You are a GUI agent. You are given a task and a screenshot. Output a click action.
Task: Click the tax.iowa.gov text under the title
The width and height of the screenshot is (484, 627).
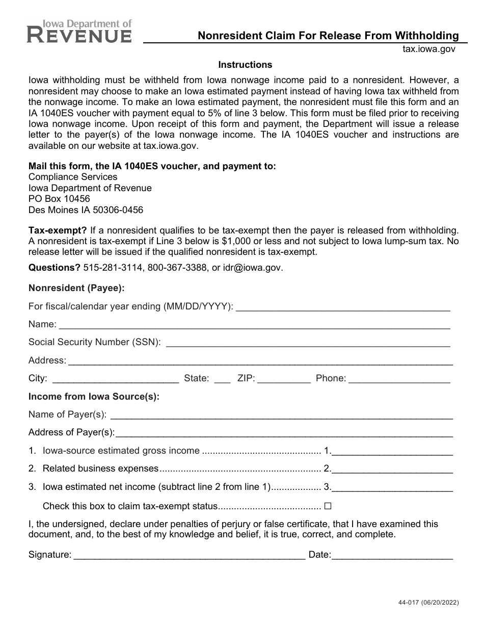point(428,49)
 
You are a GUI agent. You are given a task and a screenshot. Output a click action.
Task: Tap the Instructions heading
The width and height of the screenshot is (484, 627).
point(245,65)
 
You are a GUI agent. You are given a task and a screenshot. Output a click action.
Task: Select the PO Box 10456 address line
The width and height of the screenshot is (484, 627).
point(59,199)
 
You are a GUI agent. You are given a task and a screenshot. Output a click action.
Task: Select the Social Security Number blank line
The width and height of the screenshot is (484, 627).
point(308,343)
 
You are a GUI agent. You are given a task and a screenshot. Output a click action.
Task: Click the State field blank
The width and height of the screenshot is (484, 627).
point(222,379)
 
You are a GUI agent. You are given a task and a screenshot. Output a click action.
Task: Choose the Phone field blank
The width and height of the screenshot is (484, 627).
point(399,379)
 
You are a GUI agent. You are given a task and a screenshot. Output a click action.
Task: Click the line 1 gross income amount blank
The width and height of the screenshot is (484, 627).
point(392,451)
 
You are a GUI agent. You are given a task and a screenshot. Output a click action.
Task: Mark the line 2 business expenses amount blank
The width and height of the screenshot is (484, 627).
point(392,469)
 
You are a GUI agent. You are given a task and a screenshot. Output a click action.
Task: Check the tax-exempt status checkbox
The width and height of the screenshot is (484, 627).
point(328,507)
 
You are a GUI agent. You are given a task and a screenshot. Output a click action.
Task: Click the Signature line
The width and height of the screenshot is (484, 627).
point(189,555)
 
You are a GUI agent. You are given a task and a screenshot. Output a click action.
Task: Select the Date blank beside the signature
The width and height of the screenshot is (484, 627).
point(392,555)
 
